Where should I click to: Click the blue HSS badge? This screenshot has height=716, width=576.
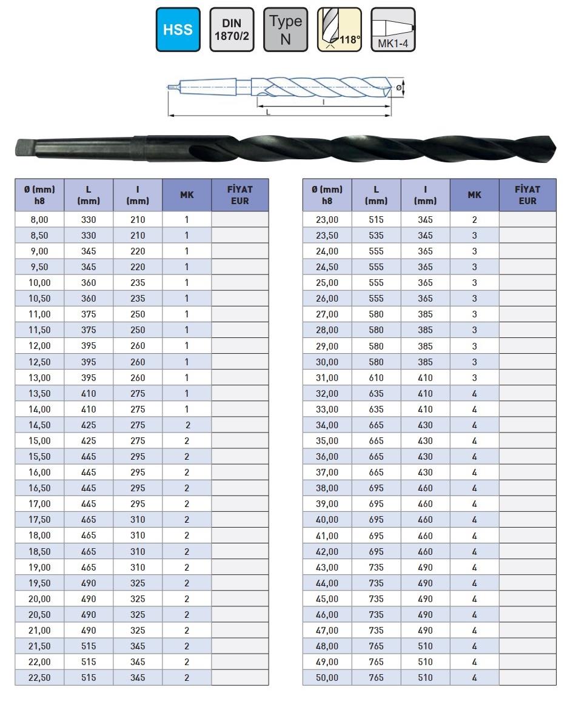178,30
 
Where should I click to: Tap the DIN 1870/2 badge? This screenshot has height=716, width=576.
232,30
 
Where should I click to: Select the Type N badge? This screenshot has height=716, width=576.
286,30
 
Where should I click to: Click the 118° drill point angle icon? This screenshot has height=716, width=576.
340,30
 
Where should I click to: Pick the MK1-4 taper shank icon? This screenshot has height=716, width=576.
393,30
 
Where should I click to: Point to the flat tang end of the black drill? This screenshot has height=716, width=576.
20,147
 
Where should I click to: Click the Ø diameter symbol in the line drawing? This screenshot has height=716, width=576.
398,88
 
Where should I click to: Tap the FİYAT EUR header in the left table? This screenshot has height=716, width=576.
239,194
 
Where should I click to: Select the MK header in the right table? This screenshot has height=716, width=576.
474,194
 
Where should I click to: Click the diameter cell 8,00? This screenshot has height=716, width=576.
39,219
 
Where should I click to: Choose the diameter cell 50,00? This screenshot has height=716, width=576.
327,677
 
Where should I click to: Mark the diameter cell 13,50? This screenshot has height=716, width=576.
39,393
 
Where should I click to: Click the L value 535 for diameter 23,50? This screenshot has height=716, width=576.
376,235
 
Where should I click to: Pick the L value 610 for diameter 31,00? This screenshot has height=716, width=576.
376,377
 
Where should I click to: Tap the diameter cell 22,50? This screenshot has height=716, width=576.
39,677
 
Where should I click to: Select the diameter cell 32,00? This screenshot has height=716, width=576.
327,393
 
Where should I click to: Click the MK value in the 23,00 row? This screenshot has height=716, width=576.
474,219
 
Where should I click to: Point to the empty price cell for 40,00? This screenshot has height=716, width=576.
527,520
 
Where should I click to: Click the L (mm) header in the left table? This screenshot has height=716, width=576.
89,194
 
